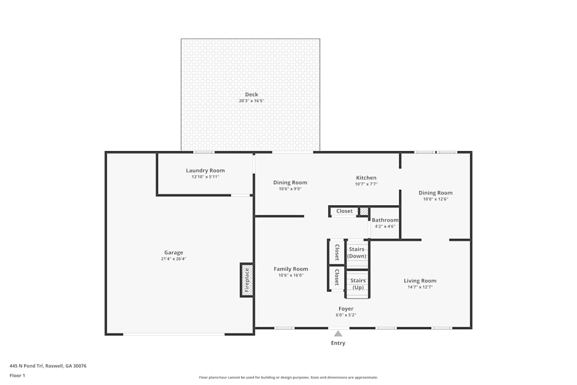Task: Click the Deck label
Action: (x=251, y=95)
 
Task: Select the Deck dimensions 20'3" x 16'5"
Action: (x=251, y=101)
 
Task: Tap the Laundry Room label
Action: (x=205, y=170)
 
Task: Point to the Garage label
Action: (x=174, y=252)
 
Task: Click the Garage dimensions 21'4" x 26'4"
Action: (x=174, y=259)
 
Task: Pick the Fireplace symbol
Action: (x=246, y=280)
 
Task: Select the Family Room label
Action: (x=290, y=269)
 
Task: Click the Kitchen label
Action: (x=366, y=178)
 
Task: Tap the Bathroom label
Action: (x=385, y=220)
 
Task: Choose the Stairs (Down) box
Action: (x=357, y=253)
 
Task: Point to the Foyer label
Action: (x=346, y=309)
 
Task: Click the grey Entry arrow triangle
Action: (x=338, y=333)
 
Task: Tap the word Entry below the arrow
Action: (x=338, y=343)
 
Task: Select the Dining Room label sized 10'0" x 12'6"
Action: (x=435, y=193)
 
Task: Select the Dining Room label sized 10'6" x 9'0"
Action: (x=290, y=182)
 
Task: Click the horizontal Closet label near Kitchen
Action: (x=344, y=211)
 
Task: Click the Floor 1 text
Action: (x=17, y=375)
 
